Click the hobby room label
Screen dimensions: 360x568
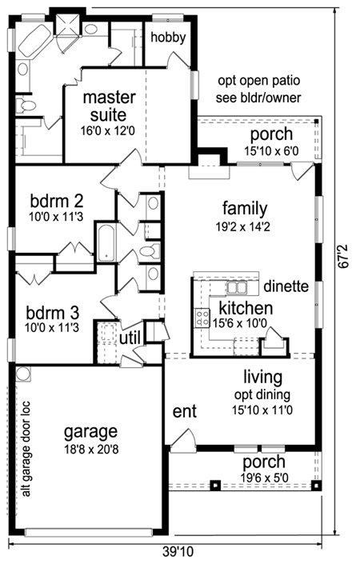coord(168,38)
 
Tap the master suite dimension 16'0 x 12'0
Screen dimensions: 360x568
coord(108,130)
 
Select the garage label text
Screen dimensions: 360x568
coord(91,433)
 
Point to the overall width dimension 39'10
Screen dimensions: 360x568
coord(178,553)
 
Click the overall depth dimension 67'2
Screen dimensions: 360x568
coord(344,257)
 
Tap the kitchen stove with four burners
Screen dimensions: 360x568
coord(202,318)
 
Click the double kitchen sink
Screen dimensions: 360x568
coord(237,288)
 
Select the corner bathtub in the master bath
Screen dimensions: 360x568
coord(34,41)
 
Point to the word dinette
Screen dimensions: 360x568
coord(286,286)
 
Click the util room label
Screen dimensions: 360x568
coord(130,338)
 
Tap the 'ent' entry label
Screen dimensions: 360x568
coord(185,412)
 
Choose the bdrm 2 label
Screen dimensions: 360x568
coord(57,200)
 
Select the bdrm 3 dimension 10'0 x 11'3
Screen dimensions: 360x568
coord(52,328)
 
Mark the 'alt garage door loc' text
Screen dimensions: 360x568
coord(26,449)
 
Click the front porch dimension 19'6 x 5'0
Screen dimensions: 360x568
coord(264,478)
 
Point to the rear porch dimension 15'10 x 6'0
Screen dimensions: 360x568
coord(271,151)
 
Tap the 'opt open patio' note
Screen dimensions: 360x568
coord(258,81)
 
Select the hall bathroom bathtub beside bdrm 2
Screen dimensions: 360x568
coord(106,242)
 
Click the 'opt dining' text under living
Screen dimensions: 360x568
coord(262,395)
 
